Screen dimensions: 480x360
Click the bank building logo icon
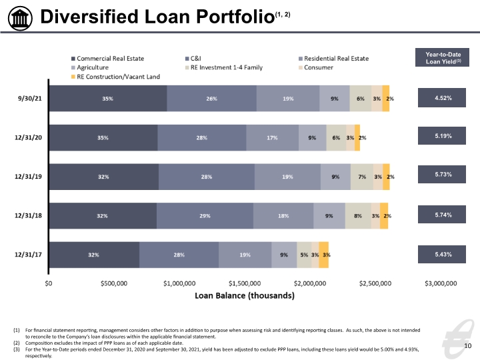[x=20, y=18]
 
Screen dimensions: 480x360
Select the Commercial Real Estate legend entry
[x=107, y=59]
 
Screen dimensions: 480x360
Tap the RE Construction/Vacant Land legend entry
[x=115, y=77]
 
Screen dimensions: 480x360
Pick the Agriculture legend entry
[x=90, y=67]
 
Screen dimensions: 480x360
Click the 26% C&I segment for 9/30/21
[x=211, y=99]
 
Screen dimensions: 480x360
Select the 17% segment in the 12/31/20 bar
[x=272, y=138]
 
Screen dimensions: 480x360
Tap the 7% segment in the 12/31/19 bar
[x=362, y=177]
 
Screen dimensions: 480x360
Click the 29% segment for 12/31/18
[x=205, y=216]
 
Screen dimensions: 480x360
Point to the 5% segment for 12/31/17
[x=304, y=255]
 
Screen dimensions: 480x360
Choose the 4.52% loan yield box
[x=442, y=97]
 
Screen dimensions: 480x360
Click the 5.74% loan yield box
[x=442, y=215]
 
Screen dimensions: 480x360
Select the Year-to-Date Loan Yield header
[x=442, y=57]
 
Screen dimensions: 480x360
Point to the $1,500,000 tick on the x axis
[x=245, y=283]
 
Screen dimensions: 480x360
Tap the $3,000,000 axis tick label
[x=441, y=283]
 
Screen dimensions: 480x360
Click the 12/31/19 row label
[x=28, y=177]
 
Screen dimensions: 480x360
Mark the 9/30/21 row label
[x=30, y=99]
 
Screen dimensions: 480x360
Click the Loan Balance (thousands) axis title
[x=245, y=296]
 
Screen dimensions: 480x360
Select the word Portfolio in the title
[x=235, y=17]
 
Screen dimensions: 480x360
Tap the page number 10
[x=468, y=346]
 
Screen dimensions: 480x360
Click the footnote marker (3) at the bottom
[x=16, y=349]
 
